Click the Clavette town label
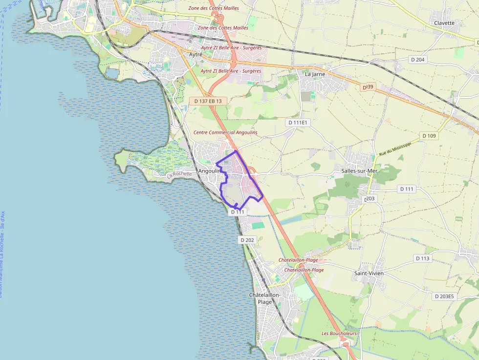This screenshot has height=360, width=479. coord(444,23)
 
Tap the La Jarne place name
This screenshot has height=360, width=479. coord(315,74)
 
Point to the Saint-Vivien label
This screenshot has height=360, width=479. coord(369,273)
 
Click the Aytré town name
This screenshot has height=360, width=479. coord(196,54)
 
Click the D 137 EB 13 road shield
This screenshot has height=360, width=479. coord(208,101)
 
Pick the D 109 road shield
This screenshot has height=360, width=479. coord(429,136)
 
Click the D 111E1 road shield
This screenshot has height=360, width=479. coord(298,123)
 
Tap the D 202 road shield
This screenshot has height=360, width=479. coord(248,240)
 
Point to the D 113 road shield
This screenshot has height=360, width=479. coord(422,258)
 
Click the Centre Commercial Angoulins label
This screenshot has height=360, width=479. coord(225,132)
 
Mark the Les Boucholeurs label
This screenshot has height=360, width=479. coord(339,333)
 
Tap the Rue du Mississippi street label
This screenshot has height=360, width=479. coord(395,148)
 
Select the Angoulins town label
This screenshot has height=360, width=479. coord(209,171)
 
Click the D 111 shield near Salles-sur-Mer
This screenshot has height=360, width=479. coord(407,189)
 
